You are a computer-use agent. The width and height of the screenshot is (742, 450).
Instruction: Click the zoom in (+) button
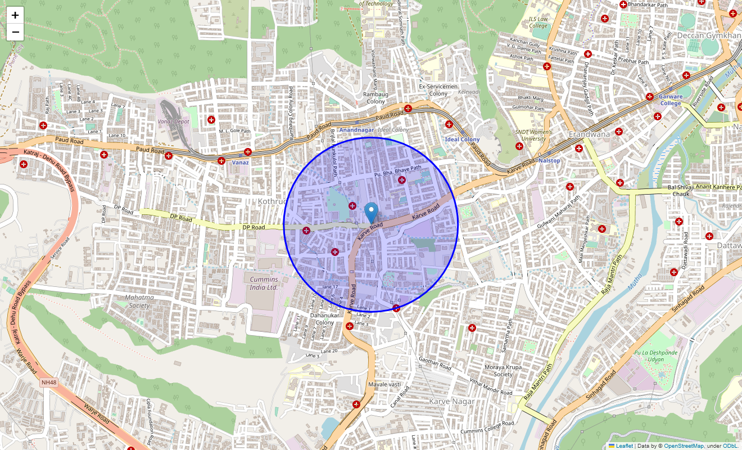pos(15,15)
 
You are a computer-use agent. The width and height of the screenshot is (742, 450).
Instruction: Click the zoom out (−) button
pos(15,32)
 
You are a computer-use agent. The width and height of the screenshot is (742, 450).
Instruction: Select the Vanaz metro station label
pos(240,162)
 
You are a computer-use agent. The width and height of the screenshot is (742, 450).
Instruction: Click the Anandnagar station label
pos(356,130)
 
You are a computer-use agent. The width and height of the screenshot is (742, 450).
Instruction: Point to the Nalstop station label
pos(549,161)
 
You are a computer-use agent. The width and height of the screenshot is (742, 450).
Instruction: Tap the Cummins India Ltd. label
pos(264,283)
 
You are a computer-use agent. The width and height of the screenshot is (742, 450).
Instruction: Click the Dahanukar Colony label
pos(324,318)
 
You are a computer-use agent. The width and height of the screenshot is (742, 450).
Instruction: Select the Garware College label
pos(671,100)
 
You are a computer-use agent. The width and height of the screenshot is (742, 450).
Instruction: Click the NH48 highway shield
pos(48,382)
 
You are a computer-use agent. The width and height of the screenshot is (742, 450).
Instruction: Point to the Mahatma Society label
pos(139,301)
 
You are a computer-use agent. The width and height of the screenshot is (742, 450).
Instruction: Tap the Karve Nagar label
pos(451,401)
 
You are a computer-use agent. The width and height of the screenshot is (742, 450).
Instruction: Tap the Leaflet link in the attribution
pos(624,445)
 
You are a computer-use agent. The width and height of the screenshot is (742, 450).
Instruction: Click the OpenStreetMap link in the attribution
pos(684,445)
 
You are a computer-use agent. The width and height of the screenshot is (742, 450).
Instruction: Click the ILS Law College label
pos(538,22)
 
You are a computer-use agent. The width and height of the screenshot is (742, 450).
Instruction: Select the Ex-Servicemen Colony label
pos(438,89)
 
